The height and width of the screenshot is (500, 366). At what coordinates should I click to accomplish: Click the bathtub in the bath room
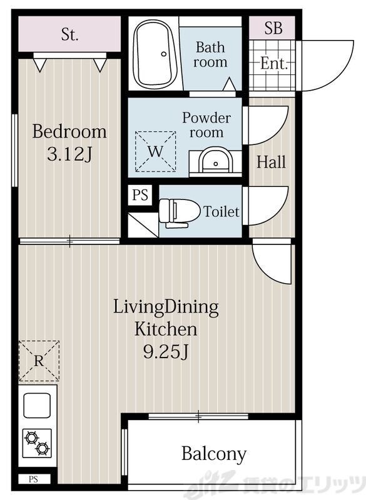pos(155,55)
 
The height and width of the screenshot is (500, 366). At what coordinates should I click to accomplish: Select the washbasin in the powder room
pos(215,161)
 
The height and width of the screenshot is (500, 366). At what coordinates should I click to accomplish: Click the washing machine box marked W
pos(155,152)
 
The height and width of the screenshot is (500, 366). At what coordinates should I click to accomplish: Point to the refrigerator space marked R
pos(39,361)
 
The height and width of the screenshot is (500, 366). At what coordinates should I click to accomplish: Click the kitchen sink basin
pos(38,405)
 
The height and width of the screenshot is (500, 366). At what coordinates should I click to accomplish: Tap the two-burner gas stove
pos(37,443)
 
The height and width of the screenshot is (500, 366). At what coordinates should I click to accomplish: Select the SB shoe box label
pos(273,27)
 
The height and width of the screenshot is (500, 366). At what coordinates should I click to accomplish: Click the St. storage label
pos(69,34)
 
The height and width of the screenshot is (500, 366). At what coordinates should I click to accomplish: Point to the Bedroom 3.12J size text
pos(69,155)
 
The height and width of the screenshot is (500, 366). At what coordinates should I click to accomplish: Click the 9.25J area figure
pos(165,352)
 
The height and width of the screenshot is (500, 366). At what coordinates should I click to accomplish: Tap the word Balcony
pos(214,454)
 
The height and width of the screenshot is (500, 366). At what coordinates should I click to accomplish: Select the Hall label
pos(272,162)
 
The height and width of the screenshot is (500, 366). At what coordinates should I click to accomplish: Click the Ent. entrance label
pos(274,63)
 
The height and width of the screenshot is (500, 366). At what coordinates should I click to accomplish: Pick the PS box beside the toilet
pos(140,195)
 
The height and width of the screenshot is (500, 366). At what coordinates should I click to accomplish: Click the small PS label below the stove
pos(33,479)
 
